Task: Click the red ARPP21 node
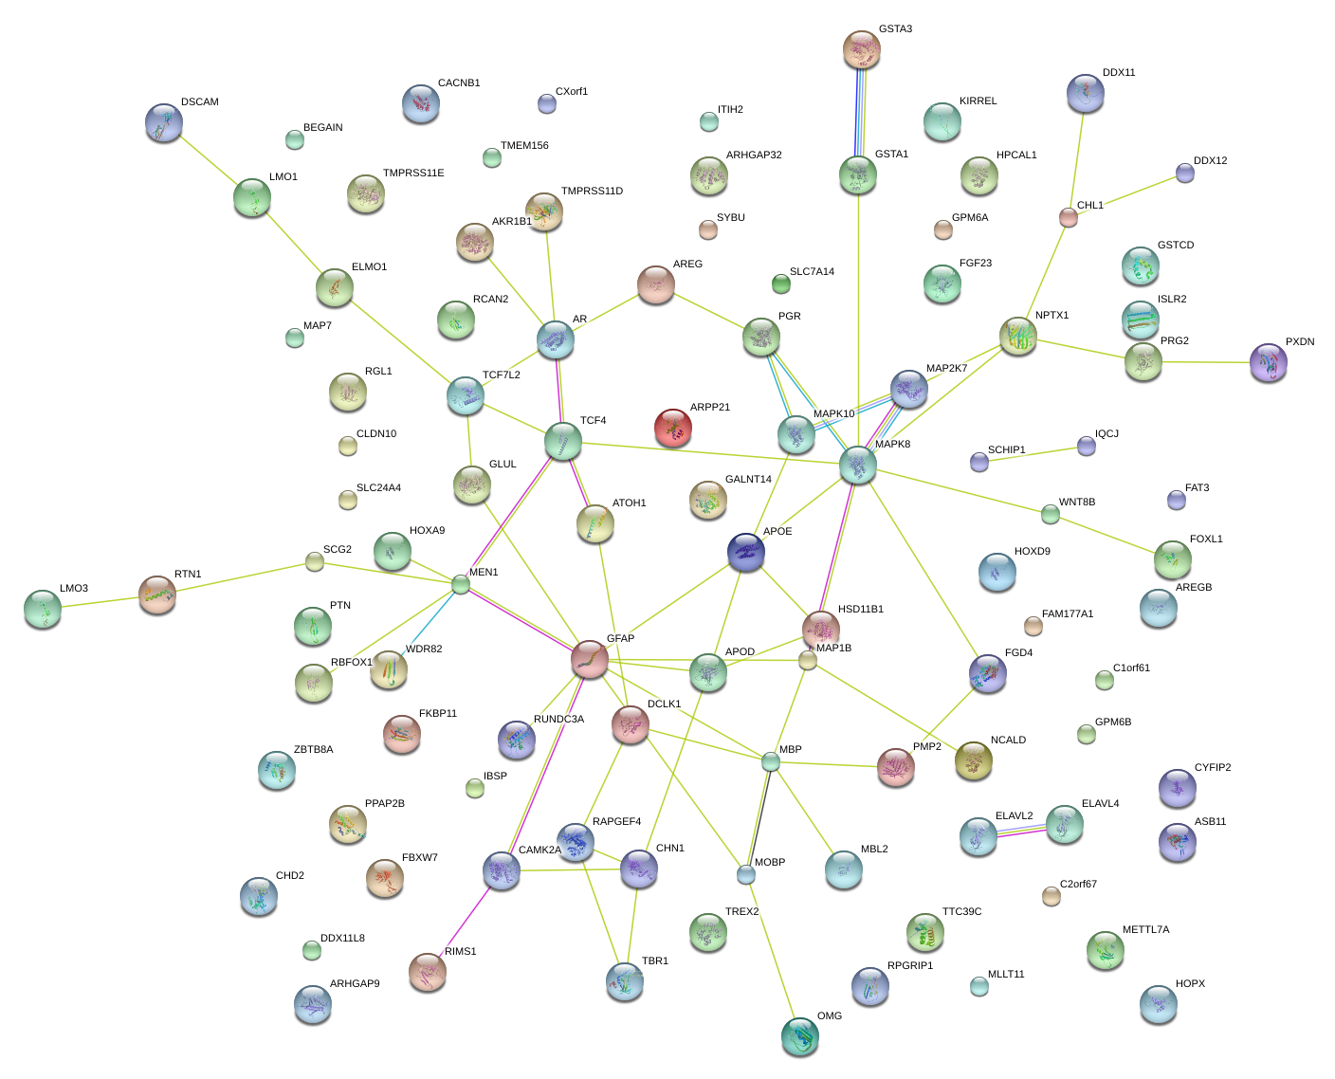coord(673,428)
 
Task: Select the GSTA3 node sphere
coord(861,49)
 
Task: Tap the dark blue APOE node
coord(746,553)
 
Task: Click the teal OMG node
coord(800,1035)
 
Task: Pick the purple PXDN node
coord(1269,362)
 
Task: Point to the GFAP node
coord(590,659)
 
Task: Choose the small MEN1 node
coord(461,584)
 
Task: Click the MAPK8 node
coord(858,465)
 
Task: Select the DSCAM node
coord(164,122)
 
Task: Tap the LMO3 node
coord(43,609)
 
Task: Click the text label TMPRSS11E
coord(413,174)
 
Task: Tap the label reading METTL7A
coord(1145,930)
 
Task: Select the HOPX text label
coord(1190,984)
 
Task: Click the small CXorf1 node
coord(547,103)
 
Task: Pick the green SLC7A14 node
coord(781,283)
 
